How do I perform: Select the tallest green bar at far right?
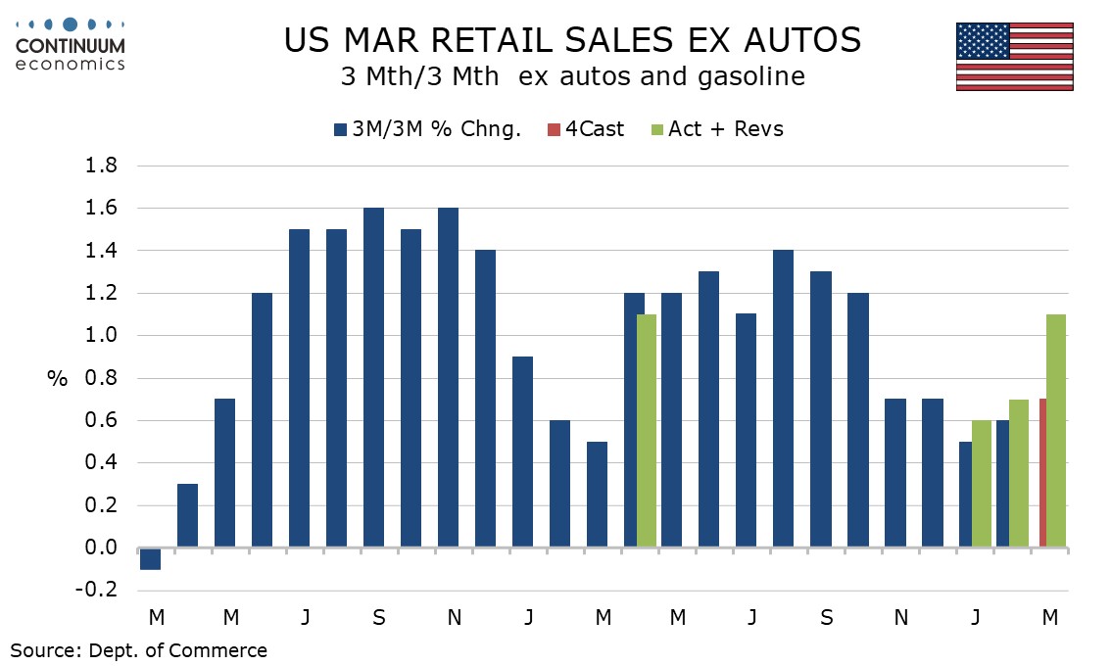1056,431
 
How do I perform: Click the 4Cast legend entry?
586,129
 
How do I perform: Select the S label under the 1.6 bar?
379,618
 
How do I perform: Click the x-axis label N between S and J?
455,618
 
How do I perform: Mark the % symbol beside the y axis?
58,379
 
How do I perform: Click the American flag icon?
1015,56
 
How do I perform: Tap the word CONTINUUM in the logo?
71,46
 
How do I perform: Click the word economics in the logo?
71,64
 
